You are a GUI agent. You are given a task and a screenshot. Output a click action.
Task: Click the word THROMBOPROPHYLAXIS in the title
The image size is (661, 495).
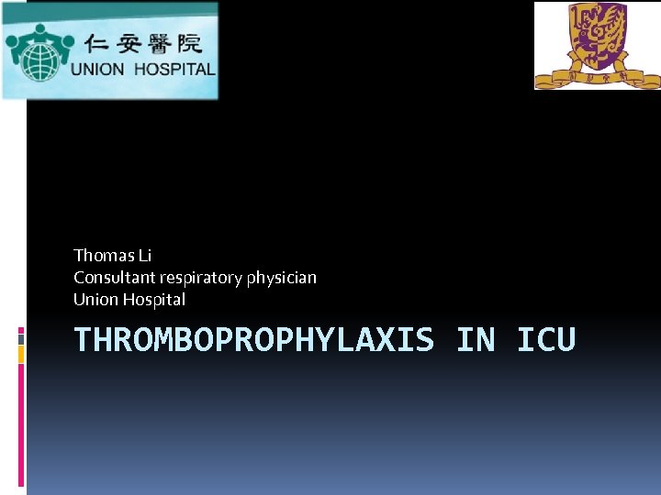(253, 340)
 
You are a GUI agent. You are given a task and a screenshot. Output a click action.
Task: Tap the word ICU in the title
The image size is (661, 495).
(546, 340)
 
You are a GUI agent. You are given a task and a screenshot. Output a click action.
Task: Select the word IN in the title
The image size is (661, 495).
(475, 340)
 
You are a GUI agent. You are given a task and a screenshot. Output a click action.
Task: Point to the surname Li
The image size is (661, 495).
(145, 255)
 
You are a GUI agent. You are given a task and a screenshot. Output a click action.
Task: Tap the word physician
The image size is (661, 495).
(283, 277)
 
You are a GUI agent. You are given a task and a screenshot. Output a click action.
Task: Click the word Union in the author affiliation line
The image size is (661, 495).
(93, 299)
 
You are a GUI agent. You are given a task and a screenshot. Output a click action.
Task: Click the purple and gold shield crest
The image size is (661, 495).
(598, 35)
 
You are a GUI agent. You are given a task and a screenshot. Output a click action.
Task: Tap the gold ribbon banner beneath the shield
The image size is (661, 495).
(598, 77)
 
